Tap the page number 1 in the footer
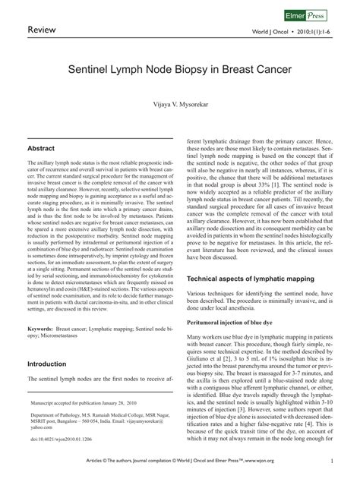(333, 460)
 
